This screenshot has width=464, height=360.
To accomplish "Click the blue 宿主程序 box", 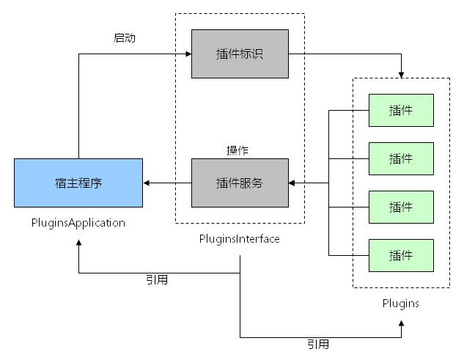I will click(78, 183).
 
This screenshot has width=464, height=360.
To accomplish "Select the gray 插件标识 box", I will click(240, 54).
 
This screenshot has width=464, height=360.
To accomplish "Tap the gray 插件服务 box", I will click(240, 183).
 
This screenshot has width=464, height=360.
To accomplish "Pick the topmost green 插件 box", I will click(401, 110).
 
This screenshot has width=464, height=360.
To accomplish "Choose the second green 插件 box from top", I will click(401, 158).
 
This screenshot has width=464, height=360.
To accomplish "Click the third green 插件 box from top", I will click(401, 207).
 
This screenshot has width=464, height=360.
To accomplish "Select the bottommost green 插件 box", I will click(401, 255).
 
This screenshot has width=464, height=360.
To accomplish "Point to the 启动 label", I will click(125, 38).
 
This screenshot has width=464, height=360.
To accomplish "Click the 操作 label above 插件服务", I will click(237, 150).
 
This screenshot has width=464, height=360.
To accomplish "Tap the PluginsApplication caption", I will click(78, 222).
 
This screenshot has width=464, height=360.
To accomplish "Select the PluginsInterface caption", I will click(240, 239).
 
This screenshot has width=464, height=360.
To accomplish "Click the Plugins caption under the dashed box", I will click(401, 303).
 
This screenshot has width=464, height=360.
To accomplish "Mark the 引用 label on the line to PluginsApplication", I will click(157, 279).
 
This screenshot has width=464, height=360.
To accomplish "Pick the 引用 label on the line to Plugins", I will click(318, 344).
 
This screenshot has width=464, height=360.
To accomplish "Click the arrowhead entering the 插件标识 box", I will click(188, 54).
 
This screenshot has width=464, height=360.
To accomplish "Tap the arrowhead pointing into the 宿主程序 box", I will click(147, 183).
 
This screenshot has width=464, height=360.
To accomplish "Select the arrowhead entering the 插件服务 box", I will click(292, 183).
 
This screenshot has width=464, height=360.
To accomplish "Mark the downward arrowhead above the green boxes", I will click(401, 74).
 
